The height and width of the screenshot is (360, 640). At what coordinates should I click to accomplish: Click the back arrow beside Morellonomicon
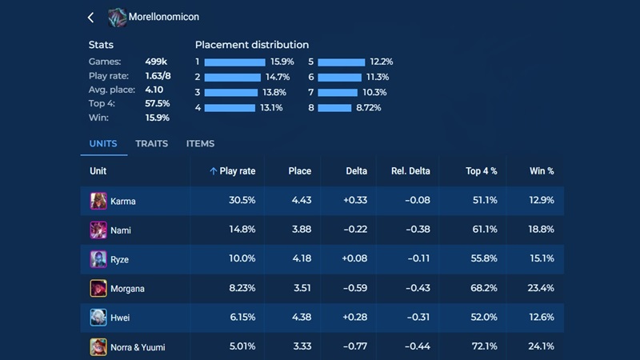click(90, 17)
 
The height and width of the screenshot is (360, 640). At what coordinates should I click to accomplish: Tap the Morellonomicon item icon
click(118, 17)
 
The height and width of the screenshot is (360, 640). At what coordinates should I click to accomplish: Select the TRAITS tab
click(151, 144)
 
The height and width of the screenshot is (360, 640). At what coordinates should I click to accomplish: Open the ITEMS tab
click(200, 144)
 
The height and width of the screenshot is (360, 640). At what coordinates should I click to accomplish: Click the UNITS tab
click(103, 144)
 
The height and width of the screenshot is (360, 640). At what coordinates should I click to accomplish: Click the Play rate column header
click(233, 171)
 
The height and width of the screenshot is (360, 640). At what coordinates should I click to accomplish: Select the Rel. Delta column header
click(410, 171)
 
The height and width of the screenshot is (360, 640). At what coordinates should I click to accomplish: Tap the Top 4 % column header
click(482, 171)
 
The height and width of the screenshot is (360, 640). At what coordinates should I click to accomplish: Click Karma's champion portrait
click(98, 201)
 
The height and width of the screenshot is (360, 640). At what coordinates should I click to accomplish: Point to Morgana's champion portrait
click(98, 288)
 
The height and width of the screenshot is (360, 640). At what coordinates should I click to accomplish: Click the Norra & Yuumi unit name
click(138, 347)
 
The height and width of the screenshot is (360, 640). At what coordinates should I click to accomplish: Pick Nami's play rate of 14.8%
click(242, 230)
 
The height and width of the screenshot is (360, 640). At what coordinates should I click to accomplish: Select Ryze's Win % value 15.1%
click(542, 259)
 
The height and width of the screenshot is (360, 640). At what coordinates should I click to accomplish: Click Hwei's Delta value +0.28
click(354, 318)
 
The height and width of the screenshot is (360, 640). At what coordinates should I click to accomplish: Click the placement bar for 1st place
click(234, 62)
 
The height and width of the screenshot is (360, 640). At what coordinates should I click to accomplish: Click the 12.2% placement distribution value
click(381, 62)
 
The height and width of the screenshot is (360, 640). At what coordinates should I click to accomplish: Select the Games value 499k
click(155, 62)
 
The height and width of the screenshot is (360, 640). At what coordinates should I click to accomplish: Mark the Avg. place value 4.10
click(154, 90)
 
